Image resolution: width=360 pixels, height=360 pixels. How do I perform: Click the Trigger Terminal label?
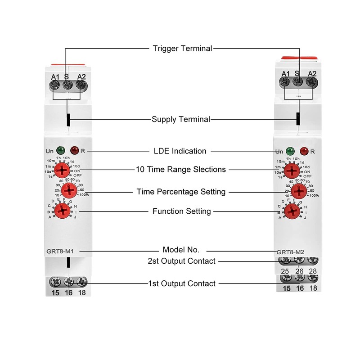pyautogui.click(x=182, y=48)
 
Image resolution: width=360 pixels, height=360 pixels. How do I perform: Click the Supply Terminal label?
pyautogui.click(x=181, y=120)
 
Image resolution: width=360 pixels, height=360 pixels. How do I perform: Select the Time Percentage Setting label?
pyautogui.click(x=181, y=192)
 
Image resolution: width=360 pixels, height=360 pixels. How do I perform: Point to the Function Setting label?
pyautogui.click(x=182, y=211)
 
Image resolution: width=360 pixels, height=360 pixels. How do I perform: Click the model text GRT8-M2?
pyautogui.click(x=290, y=252)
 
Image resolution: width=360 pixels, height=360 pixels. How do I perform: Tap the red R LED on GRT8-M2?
pyautogui.click(x=304, y=152)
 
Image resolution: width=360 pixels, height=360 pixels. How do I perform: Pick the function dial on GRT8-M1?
pyautogui.click(x=62, y=209)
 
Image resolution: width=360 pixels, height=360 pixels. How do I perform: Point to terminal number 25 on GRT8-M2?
pyautogui.click(x=284, y=271)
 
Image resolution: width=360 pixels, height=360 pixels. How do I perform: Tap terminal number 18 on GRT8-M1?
pyautogui.click(x=81, y=293)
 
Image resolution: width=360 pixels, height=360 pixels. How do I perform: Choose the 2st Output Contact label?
pyautogui.click(x=182, y=261)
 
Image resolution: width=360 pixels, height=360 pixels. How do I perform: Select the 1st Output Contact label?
pyautogui.click(x=182, y=283)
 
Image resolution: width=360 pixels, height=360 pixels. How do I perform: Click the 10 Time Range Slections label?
pyautogui.click(x=181, y=170)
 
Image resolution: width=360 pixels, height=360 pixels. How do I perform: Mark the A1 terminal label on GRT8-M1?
pyautogui.click(x=55, y=77)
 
